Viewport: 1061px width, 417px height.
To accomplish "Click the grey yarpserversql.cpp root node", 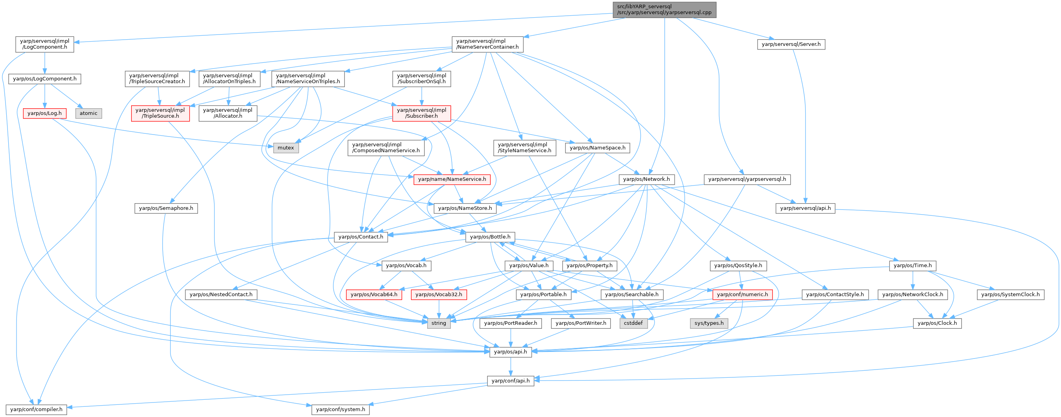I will [x=664, y=9].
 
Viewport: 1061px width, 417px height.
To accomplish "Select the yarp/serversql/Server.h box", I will [x=791, y=44].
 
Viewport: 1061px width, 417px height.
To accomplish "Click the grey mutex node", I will [x=285, y=148].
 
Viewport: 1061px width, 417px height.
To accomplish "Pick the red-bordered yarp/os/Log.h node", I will [x=44, y=113].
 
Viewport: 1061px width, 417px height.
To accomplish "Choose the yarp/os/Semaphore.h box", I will [x=166, y=208].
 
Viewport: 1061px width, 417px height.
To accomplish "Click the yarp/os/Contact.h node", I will [x=360, y=237].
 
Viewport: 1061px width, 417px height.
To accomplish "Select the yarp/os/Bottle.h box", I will [x=490, y=237].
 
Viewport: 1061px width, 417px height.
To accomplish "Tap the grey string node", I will [x=439, y=323].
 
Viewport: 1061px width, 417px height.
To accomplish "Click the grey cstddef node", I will [x=633, y=323].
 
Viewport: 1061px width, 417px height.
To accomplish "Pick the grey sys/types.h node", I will [x=709, y=323].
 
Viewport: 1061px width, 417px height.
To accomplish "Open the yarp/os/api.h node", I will [x=510, y=352].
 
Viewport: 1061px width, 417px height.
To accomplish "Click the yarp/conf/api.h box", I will [x=510, y=381].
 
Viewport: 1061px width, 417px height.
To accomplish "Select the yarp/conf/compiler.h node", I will [x=36, y=410].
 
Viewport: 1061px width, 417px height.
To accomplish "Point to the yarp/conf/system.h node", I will [x=340, y=410].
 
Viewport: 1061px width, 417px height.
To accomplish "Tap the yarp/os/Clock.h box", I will [x=937, y=323].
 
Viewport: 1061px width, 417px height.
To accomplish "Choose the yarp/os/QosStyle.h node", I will [x=738, y=266].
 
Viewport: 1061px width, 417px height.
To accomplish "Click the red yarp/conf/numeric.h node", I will [x=742, y=295].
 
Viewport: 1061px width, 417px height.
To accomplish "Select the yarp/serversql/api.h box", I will [x=805, y=208].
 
